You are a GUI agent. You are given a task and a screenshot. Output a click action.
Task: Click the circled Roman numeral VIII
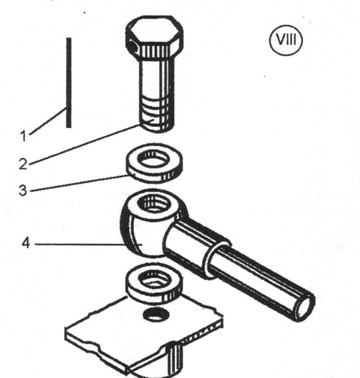286,40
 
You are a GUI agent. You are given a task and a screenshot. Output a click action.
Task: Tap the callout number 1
23,136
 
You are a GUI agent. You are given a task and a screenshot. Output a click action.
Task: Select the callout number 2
23,163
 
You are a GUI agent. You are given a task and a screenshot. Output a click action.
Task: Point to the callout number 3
23,190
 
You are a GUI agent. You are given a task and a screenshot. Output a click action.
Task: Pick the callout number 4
26,243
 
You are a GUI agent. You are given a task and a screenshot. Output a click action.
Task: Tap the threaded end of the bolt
157,114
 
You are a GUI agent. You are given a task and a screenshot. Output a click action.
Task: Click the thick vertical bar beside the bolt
68,83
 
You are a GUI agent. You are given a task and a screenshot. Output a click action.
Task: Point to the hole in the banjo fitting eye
153,203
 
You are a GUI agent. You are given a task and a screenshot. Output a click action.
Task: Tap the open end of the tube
305,307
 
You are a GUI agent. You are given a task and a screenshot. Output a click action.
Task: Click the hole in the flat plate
156,315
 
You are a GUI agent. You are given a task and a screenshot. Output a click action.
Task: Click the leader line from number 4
80,245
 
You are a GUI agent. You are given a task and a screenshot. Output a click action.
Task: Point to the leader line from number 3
80,183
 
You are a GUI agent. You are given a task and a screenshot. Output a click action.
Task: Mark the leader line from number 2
84,145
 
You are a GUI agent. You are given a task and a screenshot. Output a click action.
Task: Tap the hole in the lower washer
154,279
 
